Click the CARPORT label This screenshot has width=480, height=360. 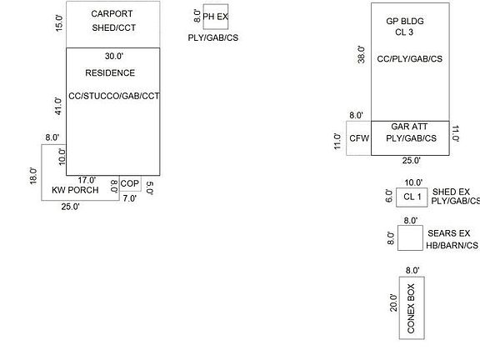click(112, 14)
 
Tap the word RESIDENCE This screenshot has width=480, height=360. click(110, 72)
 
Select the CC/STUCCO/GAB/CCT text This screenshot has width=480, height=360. click(114, 96)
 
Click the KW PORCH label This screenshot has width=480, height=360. click(75, 190)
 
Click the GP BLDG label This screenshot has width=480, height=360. click(405, 21)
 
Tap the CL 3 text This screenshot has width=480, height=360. click(404, 32)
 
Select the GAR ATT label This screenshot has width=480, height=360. click(409, 127)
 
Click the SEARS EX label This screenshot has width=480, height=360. click(449, 233)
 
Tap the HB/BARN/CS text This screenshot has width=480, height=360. click(452, 246)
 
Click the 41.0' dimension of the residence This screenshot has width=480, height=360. click(58, 106)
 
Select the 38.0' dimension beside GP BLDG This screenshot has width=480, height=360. click(361, 55)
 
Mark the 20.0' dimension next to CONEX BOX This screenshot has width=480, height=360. click(393, 302)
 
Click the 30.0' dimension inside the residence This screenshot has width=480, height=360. click(114, 56)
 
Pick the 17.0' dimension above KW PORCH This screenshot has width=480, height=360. click(87, 180)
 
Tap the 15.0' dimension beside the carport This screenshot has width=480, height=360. click(59, 23)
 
